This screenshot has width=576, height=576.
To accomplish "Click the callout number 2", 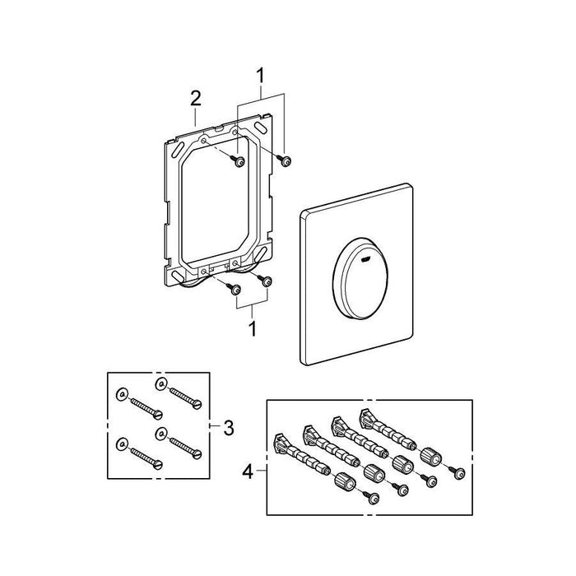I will click(195, 98).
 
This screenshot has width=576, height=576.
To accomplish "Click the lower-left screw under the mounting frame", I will click(235, 288).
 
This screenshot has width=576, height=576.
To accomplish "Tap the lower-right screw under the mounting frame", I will click(266, 281).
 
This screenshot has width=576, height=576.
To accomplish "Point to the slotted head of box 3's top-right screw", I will click(196, 405).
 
